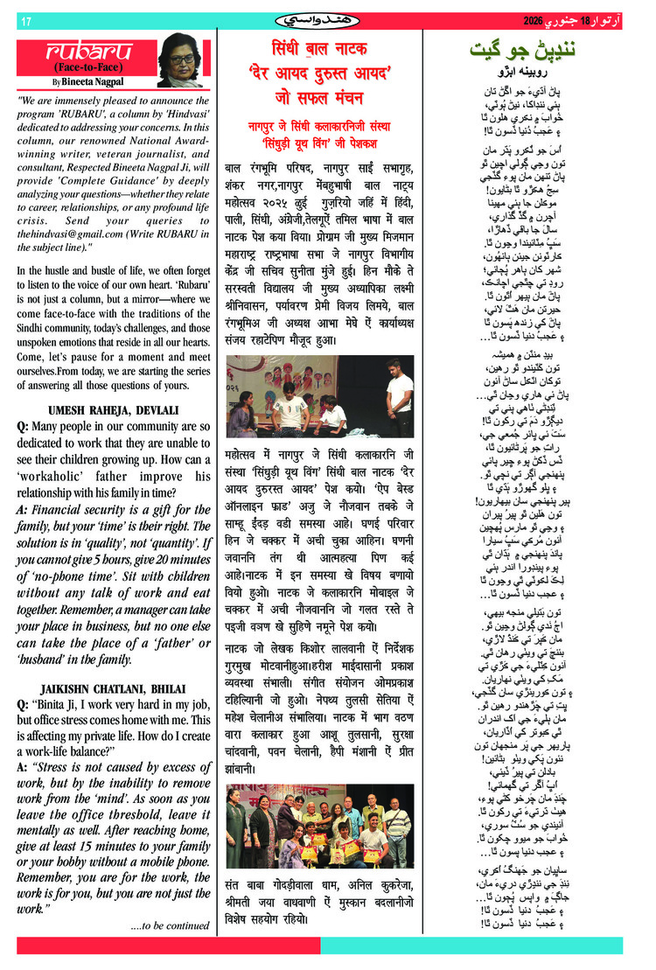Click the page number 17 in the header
pos(25,21)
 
